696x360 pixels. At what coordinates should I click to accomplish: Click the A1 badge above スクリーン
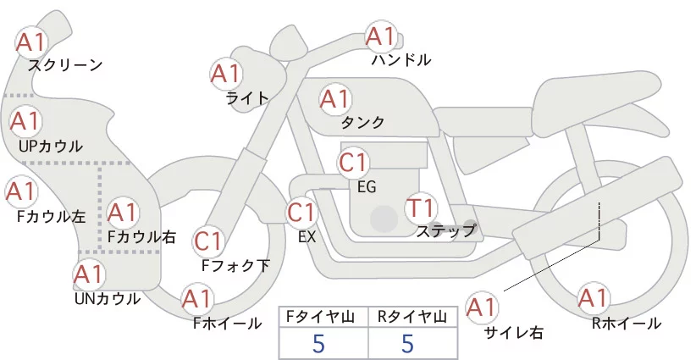click(x=32, y=41)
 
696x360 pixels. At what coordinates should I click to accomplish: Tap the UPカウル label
click(x=51, y=147)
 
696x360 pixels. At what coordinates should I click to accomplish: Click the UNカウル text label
click(x=108, y=298)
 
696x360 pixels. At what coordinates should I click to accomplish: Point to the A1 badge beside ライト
click(x=224, y=74)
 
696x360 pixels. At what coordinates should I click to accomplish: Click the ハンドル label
click(x=401, y=60)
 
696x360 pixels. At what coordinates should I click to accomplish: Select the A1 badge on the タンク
click(x=334, y=99)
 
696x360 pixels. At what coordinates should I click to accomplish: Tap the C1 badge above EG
click(x=353, y=162)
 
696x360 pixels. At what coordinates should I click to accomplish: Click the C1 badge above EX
click(x=302, y=212)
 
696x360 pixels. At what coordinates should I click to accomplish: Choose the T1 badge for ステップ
click(x=421, y=208)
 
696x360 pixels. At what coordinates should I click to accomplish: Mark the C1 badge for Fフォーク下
click(x=208, y=242)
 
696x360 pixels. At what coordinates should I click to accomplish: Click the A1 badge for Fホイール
click(x=197, y=299)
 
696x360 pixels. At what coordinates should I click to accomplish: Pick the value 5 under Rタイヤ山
click(x=407, y=344)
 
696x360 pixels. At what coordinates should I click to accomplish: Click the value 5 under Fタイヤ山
click(x=318, y=344)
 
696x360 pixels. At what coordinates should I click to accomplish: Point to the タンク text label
click(x=363, y=123)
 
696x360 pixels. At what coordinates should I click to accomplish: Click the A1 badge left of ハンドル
click(x=380, y=36)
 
